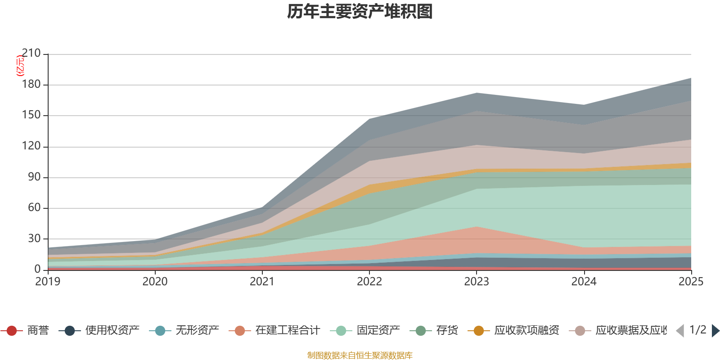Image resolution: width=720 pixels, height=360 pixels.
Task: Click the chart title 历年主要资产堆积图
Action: tap(360, 12)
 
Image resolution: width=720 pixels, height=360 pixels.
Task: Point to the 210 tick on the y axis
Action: tap(31, 54)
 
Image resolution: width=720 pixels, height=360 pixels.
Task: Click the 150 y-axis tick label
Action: tap(31, 115)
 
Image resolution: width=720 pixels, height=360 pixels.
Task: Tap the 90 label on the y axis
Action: tap(34, 177)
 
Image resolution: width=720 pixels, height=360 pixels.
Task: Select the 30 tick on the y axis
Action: tap(34, 238)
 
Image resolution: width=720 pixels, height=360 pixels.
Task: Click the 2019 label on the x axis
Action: tap(48, 282)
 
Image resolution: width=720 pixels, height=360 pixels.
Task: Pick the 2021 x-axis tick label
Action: tap(262, 282)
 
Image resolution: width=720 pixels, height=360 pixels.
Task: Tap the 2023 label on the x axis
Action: tap(477, 282)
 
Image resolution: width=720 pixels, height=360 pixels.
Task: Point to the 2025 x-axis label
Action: tap(690, 282)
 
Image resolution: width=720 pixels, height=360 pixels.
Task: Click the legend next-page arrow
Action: tap(715, 331)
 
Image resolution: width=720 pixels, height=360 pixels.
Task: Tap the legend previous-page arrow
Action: tap(680, 331)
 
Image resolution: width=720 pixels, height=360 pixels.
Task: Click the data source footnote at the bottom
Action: tap(360, 355)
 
